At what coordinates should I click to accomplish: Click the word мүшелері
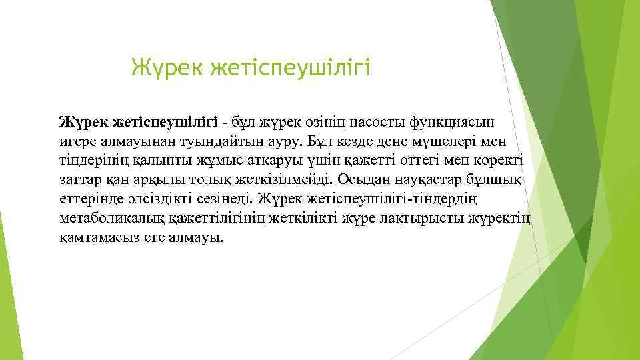[x=450, y=142]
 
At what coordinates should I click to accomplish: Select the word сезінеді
[x=225, y=200]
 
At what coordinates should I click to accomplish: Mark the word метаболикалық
[x=109, y=219]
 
